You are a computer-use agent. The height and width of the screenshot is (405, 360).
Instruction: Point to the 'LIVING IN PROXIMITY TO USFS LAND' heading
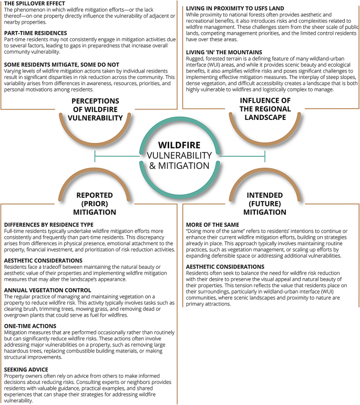click(232, 8)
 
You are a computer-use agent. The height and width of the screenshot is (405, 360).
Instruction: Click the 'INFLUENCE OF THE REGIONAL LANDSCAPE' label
click(256, 108)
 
